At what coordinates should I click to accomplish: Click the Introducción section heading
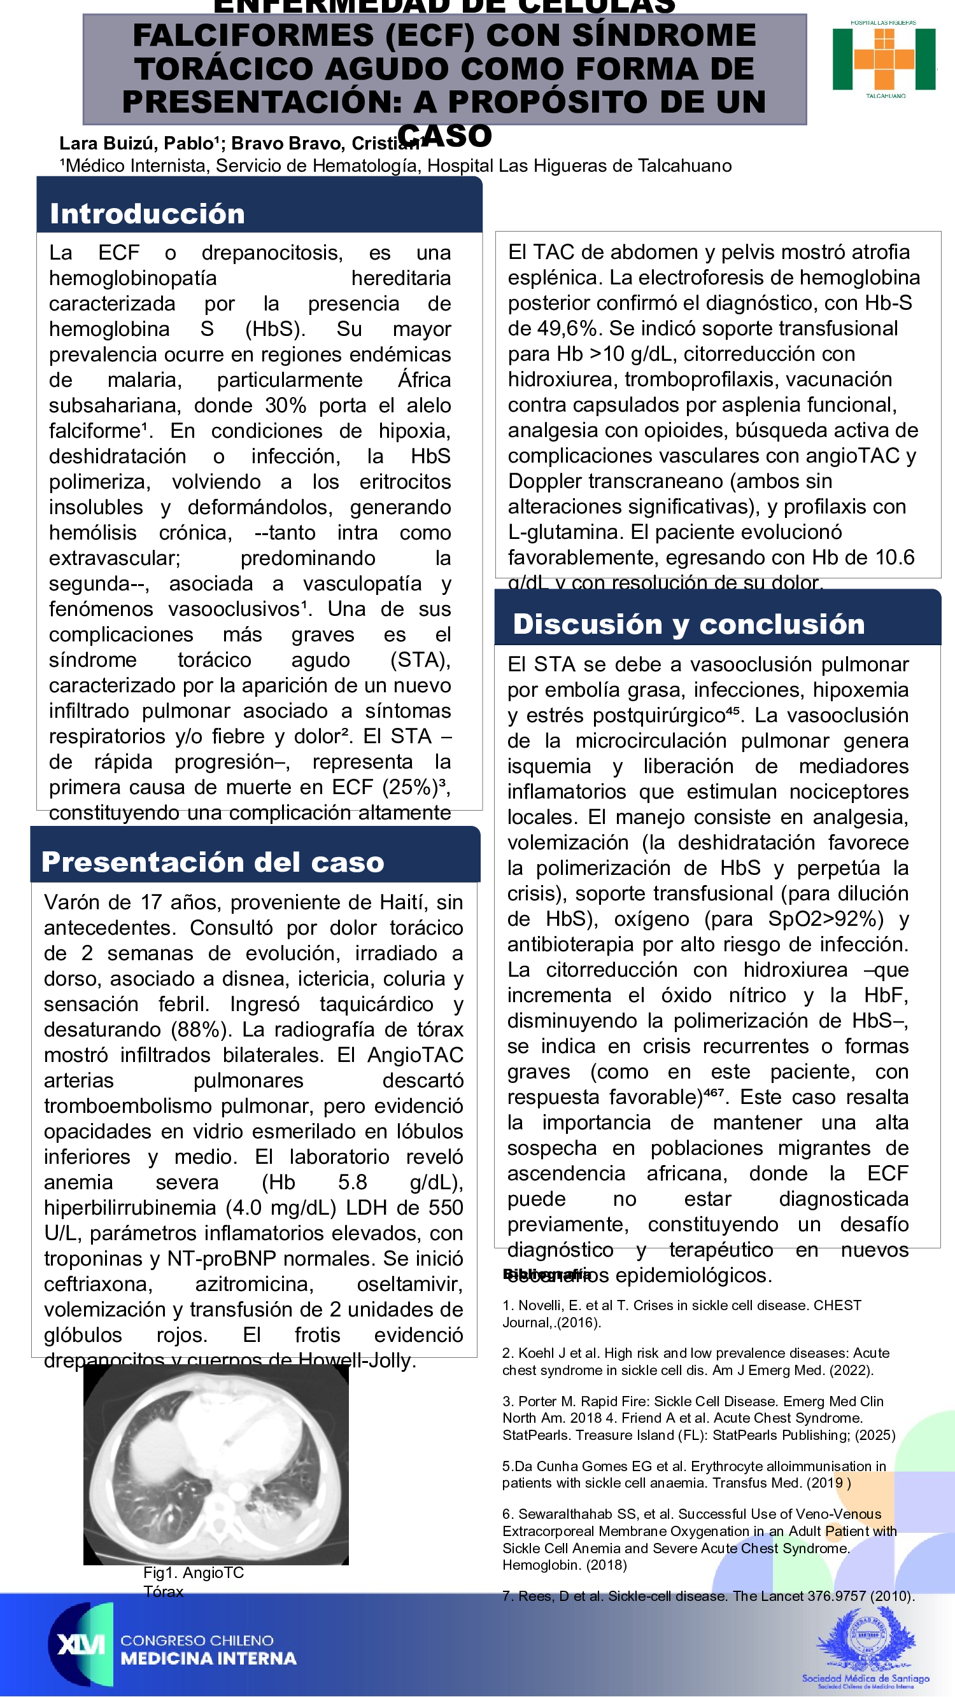click(147, 214)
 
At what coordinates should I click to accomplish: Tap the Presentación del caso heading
click(212, 862)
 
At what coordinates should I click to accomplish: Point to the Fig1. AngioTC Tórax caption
click(192, 1582)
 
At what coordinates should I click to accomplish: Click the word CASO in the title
click(444, 136)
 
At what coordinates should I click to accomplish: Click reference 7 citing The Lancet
click(708, 1596)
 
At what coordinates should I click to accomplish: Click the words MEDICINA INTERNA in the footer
click(208, 1658)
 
